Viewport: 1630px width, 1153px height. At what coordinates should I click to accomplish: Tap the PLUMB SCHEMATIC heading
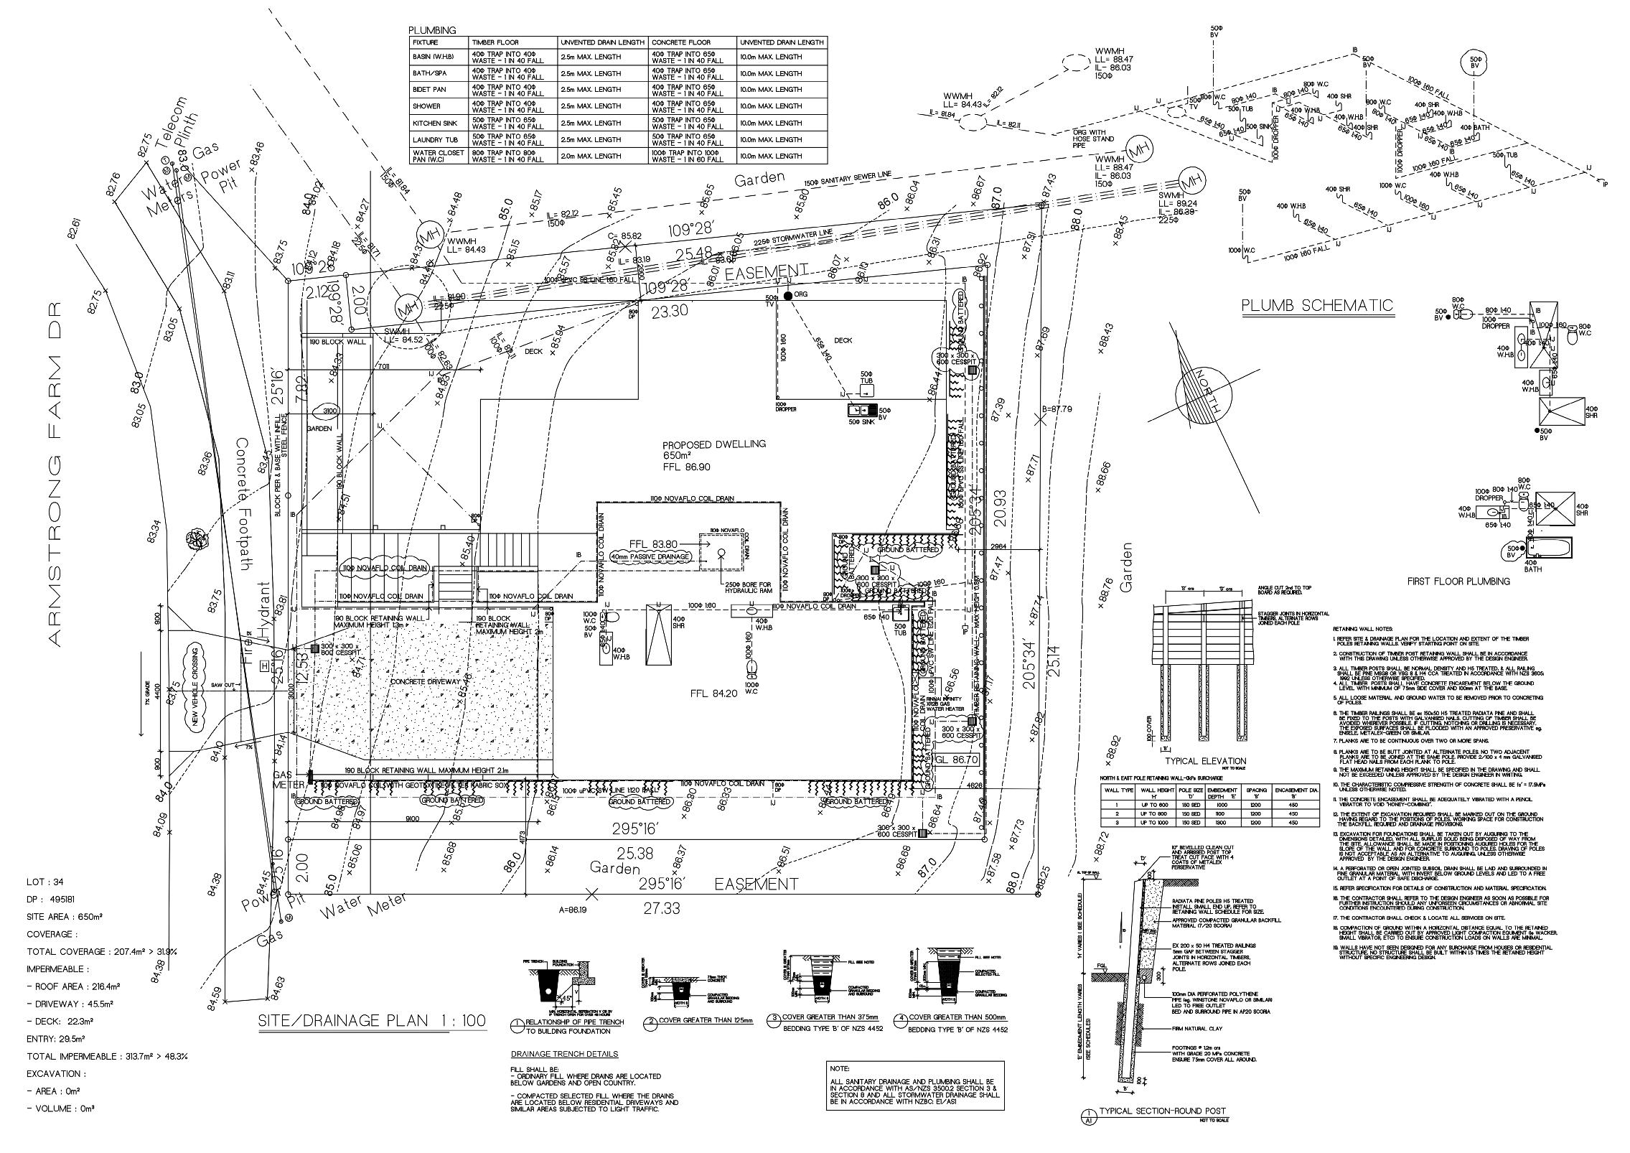1317,306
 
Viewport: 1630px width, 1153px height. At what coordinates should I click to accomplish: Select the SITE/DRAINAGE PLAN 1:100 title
372,1021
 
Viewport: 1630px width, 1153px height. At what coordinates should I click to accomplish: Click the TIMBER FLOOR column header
495,42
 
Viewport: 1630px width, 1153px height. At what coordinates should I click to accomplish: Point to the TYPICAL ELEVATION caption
1205,761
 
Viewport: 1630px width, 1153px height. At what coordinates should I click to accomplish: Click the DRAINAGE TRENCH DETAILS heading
563,1054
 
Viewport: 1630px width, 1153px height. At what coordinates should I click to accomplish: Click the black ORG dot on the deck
787,296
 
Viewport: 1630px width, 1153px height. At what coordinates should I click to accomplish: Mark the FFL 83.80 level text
652,543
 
